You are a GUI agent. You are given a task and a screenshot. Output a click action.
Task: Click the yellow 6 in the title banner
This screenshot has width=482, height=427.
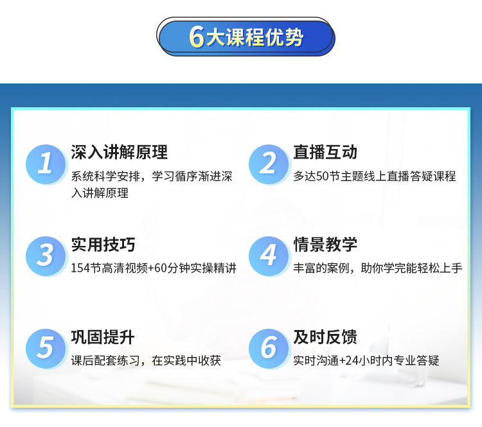(197, 37)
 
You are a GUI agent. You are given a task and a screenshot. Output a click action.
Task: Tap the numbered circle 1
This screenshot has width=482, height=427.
(46, 164)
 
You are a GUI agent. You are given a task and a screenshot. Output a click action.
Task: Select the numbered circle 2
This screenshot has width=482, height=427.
(269, 164)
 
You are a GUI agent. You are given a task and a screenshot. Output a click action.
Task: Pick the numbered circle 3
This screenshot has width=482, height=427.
(46, 256)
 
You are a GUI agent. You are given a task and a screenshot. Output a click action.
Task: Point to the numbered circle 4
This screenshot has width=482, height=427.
(269, 256)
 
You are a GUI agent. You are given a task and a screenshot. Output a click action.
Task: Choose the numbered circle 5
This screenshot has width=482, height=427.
(46, 349)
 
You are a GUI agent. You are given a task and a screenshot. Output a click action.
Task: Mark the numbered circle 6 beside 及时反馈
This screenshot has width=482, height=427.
(269, 349)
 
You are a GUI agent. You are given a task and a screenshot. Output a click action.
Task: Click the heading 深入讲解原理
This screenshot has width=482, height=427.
(120, 152)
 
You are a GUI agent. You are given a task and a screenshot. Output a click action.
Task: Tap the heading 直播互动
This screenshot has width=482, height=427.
(325, 152)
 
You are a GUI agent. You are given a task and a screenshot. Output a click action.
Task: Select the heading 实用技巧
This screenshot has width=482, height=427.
(103, 245)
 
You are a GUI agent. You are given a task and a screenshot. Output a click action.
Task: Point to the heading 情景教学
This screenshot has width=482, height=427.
(325, 245)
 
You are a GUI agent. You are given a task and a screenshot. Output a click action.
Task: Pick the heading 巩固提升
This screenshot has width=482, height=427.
(103, 337)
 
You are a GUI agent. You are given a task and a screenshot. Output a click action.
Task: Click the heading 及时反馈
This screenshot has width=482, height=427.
(325, 337)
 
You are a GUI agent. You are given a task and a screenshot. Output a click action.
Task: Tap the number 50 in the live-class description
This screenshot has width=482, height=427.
(323, 177)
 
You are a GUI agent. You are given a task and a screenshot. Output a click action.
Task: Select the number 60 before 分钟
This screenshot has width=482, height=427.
(161, 268)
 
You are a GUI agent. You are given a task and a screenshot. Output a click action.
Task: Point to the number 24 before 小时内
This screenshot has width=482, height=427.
(352, 361)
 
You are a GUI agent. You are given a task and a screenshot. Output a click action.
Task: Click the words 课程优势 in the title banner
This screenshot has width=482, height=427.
(265, 37)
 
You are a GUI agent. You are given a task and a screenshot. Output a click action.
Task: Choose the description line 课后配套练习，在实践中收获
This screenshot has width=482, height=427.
(146, 361)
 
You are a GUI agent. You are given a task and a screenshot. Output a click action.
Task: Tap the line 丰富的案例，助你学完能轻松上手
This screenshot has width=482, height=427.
(378, 268)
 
